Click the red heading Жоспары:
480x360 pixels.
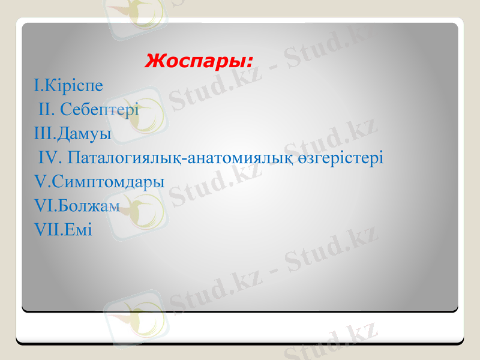[199, 61]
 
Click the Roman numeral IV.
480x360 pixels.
[49, 158]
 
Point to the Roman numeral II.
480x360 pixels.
[47, 110]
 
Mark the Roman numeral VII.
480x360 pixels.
[47, 229]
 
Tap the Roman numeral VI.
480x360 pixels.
[44, 206]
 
